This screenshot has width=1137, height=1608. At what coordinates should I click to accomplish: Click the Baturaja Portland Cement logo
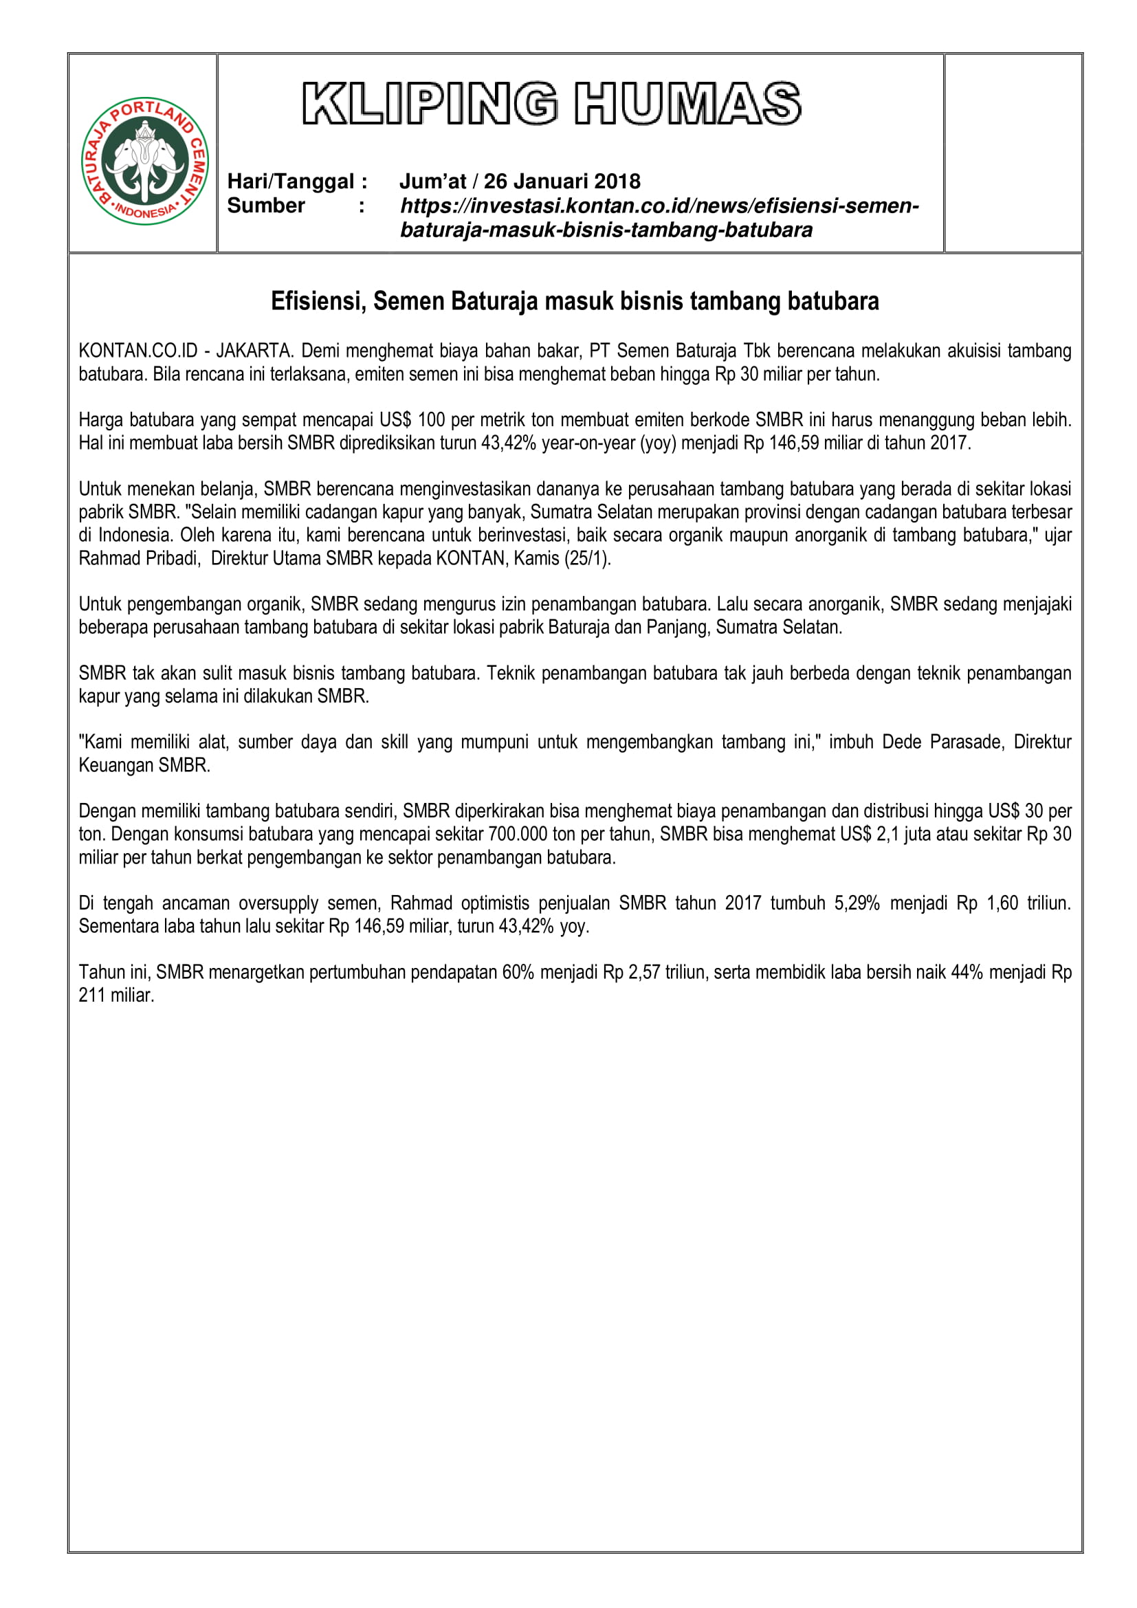[145, 161]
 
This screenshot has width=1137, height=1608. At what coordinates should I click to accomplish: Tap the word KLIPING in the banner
[429, 104]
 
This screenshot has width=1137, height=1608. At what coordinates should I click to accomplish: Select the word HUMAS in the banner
[687, 104]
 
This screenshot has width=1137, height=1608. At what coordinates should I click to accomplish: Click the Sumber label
[266, 206]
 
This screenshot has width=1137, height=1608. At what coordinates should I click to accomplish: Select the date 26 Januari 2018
[562, 181]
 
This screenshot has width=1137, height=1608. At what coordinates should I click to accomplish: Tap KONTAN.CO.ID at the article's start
[138, 351]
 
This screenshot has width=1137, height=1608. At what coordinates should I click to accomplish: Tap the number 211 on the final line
[91, 996]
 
